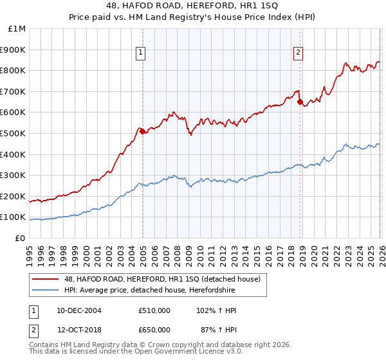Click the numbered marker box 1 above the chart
point(140,53)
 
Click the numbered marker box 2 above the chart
point(299,53)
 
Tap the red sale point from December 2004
point(142,131)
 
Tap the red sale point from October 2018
point(300,102)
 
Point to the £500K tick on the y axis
point(12,133)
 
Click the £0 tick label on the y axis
point(20,238)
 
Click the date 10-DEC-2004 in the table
point(79,310)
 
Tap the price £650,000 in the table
point(154,329)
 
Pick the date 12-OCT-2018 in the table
point(79,329)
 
